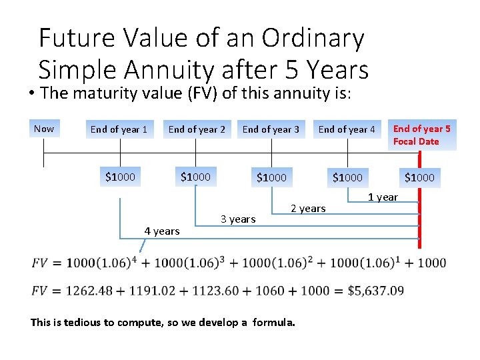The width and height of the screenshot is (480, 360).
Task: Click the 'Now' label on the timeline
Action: tap(44, 129)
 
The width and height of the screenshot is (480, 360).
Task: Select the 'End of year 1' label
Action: tap(119, 129)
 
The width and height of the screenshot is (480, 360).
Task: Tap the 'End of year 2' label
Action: tap(197, 129)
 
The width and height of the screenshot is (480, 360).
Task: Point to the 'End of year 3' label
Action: tap(271, 129)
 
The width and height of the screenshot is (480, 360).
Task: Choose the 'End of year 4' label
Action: tap(347, 129)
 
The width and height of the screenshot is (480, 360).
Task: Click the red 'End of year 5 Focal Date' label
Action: tap(421, 135)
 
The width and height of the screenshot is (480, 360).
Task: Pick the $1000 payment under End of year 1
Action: tap(121, 177)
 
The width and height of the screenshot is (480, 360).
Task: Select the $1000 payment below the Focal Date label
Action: tap(419, 177)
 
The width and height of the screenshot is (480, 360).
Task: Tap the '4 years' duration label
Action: tap(162, 231)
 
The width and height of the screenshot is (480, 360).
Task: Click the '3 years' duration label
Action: tap(238, 219)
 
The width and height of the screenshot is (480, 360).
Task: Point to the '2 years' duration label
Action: tap(308, 209)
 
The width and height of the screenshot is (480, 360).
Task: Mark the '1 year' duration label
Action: tap(383, 197)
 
